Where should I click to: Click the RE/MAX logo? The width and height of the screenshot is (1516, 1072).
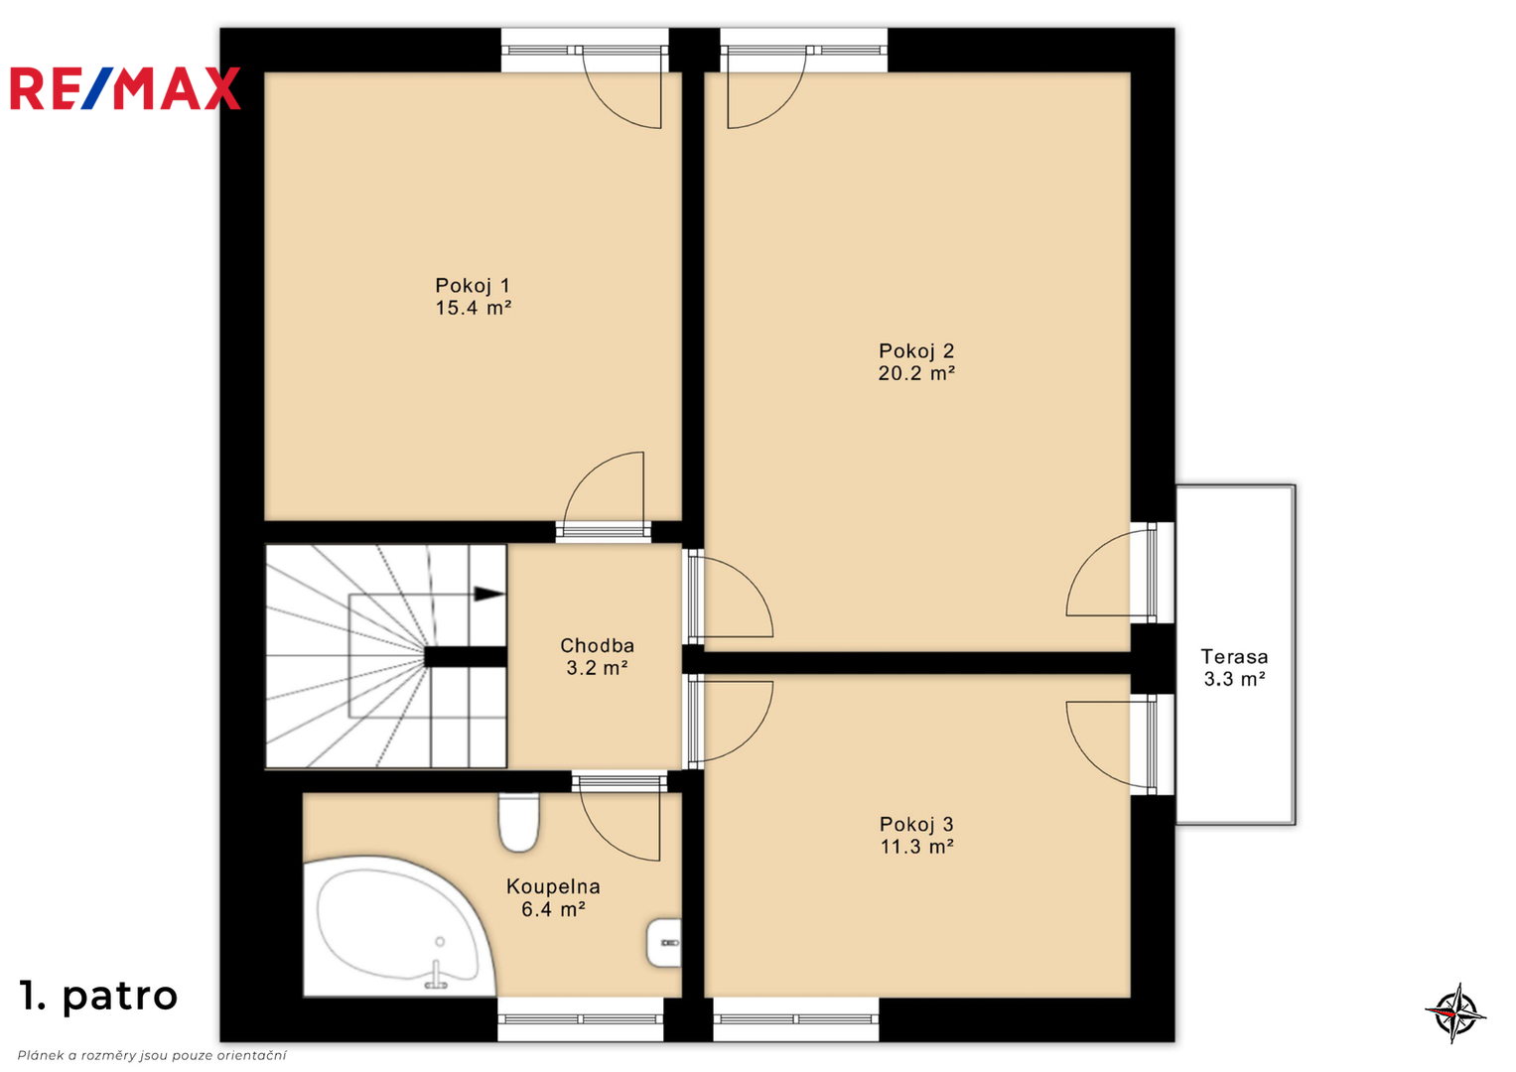point(125,88)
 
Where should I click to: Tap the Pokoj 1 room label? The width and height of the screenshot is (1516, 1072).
point(473,285)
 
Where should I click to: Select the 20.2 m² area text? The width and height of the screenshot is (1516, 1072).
point(916,373)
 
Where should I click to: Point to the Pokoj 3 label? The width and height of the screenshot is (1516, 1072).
point(916,824)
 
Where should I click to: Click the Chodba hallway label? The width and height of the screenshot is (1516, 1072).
point(597,645)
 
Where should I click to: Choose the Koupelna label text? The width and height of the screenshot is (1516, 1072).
point(553,886)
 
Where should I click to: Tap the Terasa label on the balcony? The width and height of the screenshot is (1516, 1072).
point(1234,656)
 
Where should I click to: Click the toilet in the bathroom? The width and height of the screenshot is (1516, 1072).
point(518,822)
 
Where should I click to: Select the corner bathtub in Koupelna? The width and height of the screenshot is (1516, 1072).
point(399,927)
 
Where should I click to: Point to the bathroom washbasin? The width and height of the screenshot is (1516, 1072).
point(664,943)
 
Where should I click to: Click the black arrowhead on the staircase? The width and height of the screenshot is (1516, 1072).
point(488,595)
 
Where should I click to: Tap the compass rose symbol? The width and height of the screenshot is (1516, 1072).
point(1455,1013)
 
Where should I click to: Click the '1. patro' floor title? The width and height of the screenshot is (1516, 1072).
point(99,996)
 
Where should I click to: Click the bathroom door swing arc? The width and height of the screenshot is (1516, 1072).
point(620,827)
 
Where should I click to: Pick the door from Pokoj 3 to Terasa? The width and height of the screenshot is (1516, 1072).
point(1110,744)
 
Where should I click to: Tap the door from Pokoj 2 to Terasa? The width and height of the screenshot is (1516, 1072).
point(1110,574)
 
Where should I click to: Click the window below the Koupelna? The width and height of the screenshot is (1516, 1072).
point(580,1019)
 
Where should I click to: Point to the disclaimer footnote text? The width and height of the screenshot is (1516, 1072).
point(152,1055)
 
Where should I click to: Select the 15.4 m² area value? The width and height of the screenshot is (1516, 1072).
point(474,308)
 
